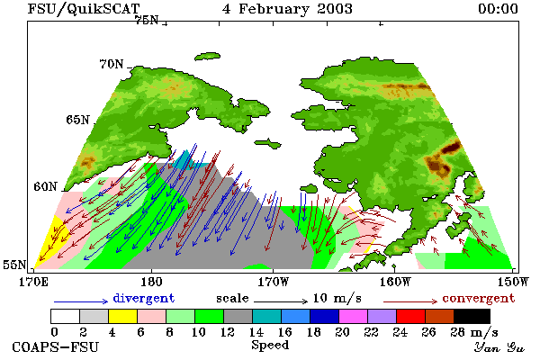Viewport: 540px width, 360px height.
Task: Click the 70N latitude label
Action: coord(112,64)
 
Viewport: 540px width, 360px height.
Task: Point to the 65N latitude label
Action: coord(77,120)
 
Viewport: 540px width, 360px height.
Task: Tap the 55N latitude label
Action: coord(14,265)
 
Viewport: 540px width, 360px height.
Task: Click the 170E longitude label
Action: coord(34,282)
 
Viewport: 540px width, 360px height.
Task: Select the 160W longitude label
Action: coord(395,282)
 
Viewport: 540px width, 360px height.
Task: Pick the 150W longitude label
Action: coord(514,282)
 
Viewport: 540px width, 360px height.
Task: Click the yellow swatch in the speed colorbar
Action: coord(122,316)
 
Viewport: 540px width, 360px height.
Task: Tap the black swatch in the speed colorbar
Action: coord(472,316)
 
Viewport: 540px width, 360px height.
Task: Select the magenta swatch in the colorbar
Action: coord(354,316)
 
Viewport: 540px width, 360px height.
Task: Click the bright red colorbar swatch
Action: coord(411,316)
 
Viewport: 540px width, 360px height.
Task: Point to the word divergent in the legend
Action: coord(144,298)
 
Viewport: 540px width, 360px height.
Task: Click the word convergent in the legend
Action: coord(479,298)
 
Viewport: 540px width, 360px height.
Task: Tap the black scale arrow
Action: coord(281,301)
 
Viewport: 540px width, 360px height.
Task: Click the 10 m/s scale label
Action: coord(337,298)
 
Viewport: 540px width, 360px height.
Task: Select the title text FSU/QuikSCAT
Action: coord(84,9)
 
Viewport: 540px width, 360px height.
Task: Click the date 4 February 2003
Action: coord(287,9)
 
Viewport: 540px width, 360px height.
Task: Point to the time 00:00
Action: coord(498,9)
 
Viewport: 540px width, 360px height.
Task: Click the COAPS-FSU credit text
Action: coord(56,346)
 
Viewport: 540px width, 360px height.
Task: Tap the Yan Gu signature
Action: coord(499,347)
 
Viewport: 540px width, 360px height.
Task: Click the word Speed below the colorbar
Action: coord(270,346)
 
